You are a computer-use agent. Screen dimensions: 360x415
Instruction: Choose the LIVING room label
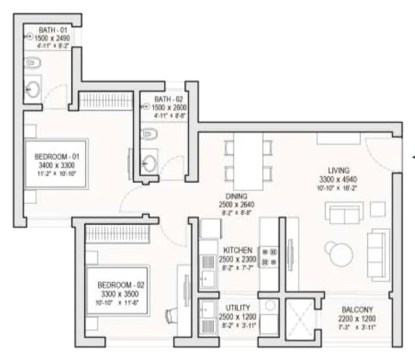coord(338,170)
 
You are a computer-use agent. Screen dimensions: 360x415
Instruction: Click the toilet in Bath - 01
coord(33,63)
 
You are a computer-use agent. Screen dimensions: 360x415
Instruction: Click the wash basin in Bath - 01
coord(32,90)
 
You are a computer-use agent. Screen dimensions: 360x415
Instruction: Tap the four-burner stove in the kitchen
coord(269,257)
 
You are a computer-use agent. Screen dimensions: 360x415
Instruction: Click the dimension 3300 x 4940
coord(338,179)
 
